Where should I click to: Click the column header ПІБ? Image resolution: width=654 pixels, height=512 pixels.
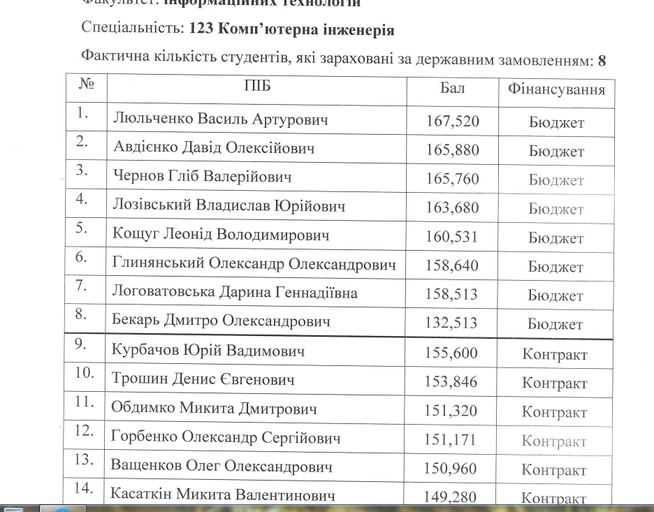256,87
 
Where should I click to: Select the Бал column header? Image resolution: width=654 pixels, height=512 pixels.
453,89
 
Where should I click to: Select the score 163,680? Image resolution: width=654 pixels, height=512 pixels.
453,208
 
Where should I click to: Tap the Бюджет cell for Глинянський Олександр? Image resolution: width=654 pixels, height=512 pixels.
556,268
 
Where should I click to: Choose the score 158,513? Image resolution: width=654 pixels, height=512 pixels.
453,295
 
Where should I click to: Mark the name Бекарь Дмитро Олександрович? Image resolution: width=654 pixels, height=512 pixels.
221,322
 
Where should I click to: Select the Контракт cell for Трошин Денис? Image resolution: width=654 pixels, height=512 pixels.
555,383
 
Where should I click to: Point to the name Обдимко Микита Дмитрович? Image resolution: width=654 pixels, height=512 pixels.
215,409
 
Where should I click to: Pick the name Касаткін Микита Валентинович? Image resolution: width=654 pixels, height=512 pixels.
222,496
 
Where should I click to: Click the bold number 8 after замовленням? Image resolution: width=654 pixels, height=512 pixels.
602,61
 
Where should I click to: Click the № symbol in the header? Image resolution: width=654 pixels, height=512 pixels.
87,85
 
